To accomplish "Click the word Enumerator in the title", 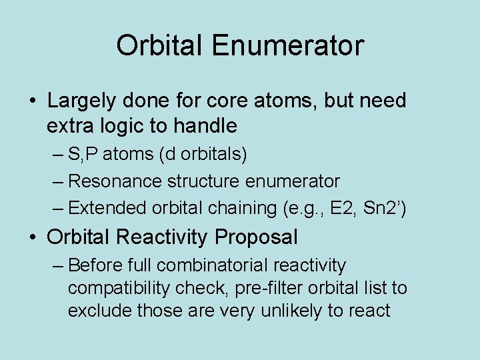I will pyautogui.click(x=288, y=46).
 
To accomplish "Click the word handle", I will pyautogui.click(x=206, y=125).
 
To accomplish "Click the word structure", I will pyautogui.click(x=201, y=181).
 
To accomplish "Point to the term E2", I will pyautogui.click(x=343, y=208).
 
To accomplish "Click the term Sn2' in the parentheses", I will pyautogui.click(x=382, y=208).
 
